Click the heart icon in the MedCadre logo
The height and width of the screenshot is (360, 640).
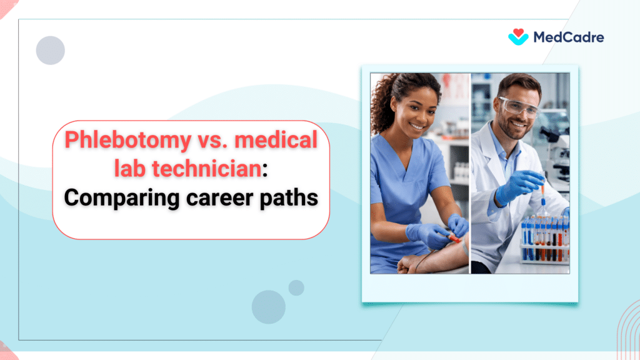coord(518,36)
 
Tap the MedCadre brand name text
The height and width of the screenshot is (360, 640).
coord(568,37)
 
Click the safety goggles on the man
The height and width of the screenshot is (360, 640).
coord(517,106)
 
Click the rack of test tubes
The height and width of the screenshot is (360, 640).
coord(544,240)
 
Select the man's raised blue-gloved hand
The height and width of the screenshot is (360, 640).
coord(519,185)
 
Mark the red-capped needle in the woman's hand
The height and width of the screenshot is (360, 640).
coord(454,239)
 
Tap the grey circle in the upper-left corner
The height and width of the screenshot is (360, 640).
coord(51,51)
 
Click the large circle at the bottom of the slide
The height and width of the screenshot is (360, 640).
coord(269,307)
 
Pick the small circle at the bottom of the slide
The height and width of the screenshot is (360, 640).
coord(296,287)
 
